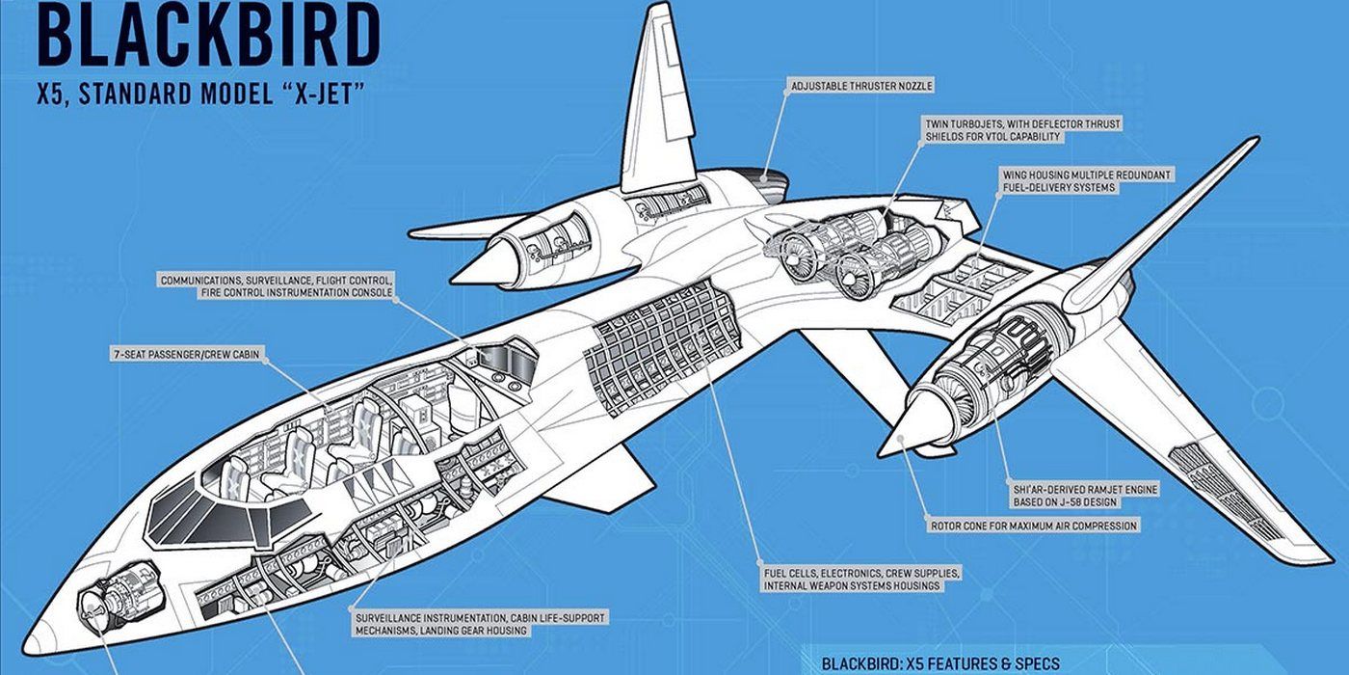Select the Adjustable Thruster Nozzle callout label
point(861,86)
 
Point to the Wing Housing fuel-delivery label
point(1087,180)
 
